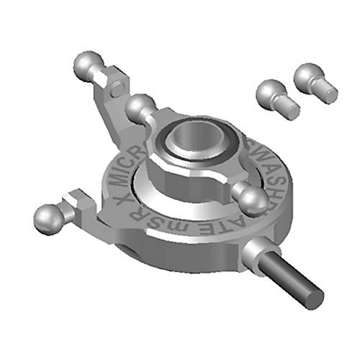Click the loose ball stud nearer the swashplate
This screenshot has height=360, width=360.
tap(272, 94)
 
